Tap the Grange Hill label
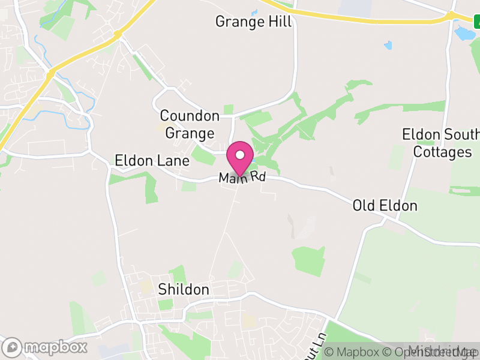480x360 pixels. [253, 22]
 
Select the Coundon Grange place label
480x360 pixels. [190, 124]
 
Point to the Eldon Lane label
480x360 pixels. [152, 161]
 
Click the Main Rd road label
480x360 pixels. [242, 178]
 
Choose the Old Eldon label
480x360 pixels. [385, 206]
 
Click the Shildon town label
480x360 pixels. [184, 289]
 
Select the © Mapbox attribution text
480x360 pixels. [353, 352]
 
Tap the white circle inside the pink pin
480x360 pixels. [240, 155]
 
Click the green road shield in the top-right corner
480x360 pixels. [475, 23]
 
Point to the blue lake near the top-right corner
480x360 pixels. [464, 32]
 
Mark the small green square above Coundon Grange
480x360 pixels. [228, 109]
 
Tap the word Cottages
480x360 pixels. [443, 152]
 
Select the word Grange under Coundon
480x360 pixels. [190, 133]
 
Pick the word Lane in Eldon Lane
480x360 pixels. [174, 161]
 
